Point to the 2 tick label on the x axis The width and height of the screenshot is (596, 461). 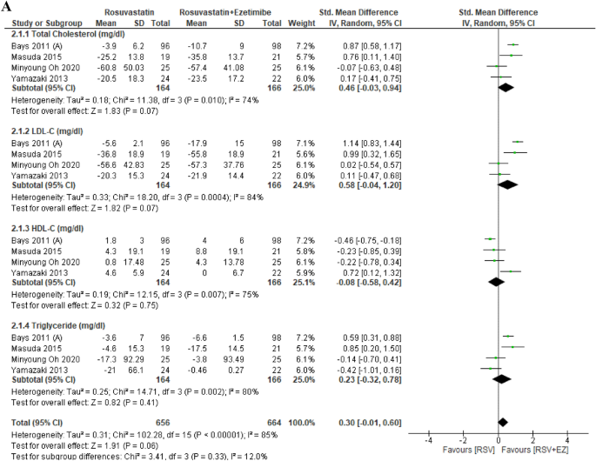click(x=532, y=441)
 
